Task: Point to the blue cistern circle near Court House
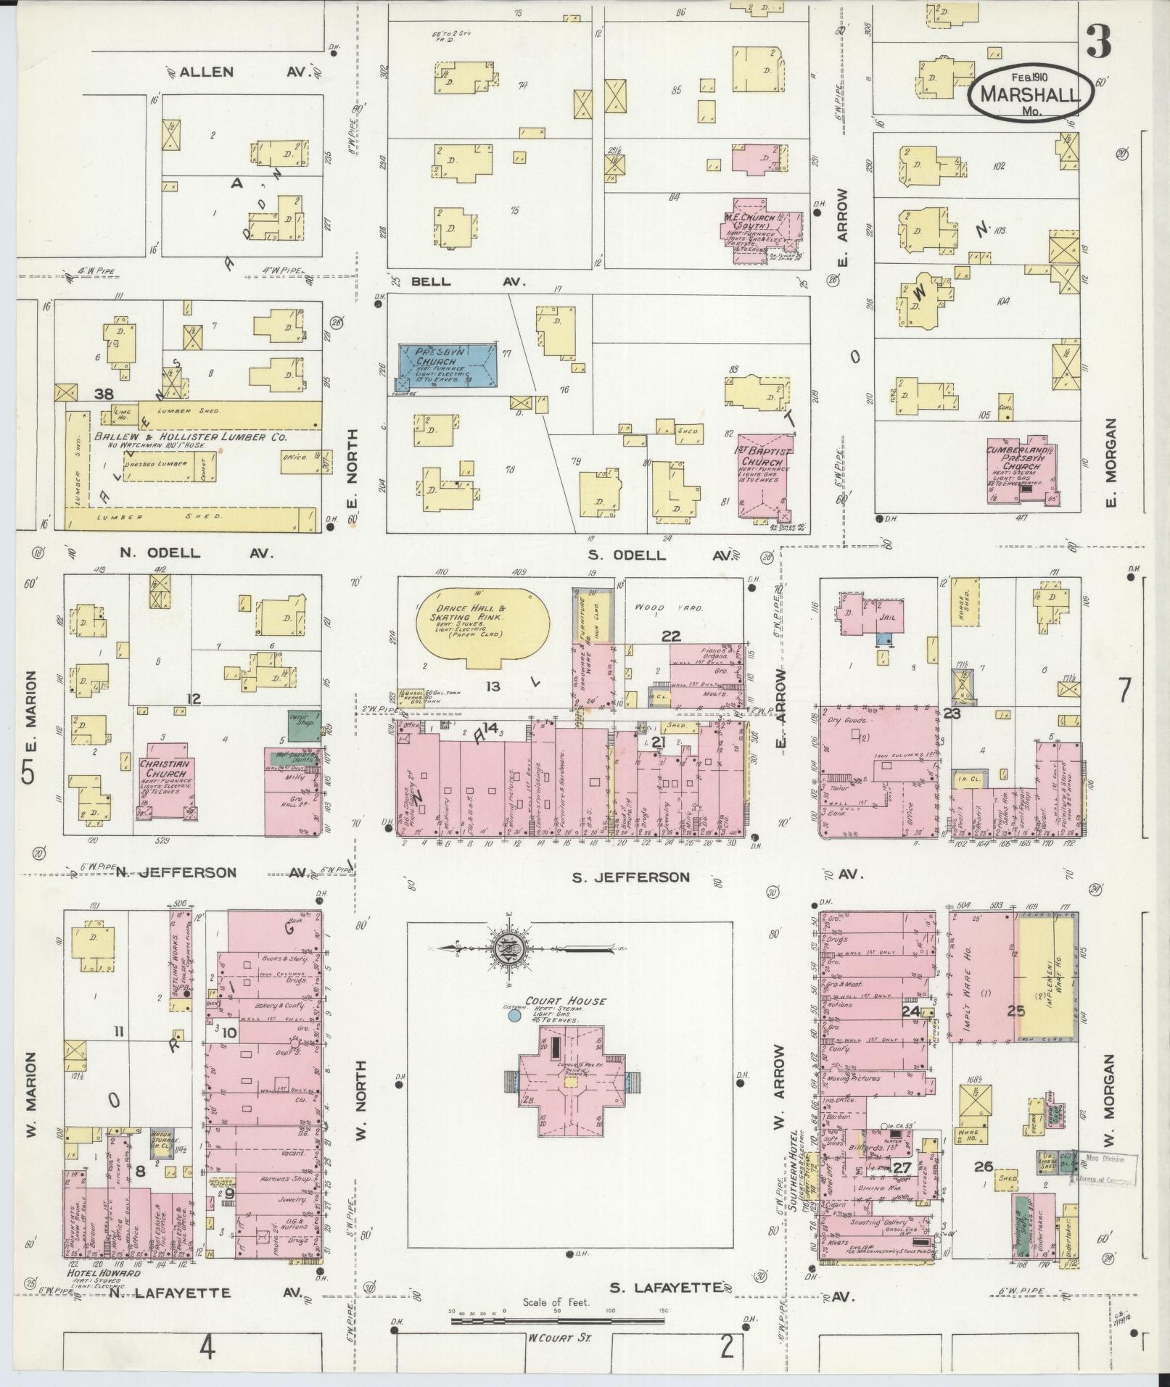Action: click(x=514, y=1016)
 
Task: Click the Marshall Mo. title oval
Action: click(x=1031, y=94)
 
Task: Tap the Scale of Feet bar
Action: click(x=557, y=1321)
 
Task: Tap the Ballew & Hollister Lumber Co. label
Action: click(x=191, y=438)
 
